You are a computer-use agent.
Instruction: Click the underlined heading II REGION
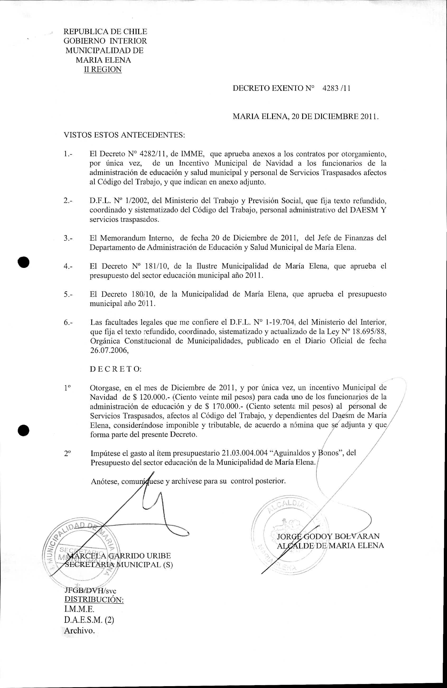pyautogui.click(x=103, y=69)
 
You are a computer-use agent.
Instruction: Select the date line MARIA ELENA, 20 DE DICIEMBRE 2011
pyautogui.click(x=305, y=117)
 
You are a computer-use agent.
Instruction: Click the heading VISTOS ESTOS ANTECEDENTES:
pyautogui.click(x=124, y=135)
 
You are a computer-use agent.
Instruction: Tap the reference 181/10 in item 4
pyautogui.click(x=158, y=266)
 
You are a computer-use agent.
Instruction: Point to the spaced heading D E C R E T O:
pyautogui.click(x=116, y=369)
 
